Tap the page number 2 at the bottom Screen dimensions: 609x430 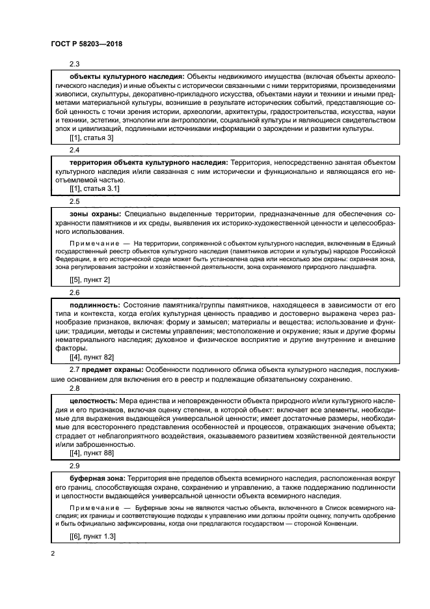coord(52,554)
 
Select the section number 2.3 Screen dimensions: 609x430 coord(75,64)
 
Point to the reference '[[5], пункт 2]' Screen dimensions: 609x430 coord(90,279)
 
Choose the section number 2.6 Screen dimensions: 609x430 coord(75,292)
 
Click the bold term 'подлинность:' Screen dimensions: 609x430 coord(94,304)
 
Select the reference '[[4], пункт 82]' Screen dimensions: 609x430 coord(92,358)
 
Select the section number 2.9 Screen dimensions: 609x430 coord(75,466)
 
